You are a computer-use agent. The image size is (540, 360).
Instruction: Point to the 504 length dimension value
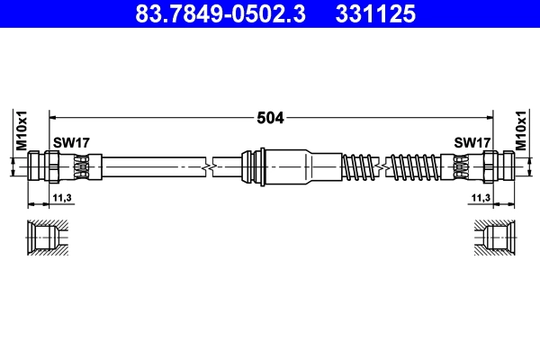271,117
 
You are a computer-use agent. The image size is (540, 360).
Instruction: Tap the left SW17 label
71,142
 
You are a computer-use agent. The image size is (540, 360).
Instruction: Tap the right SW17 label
472,142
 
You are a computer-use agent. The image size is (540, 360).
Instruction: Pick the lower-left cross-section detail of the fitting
44,239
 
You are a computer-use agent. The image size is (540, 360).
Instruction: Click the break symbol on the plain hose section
211,166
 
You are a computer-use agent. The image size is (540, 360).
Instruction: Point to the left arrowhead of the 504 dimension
52,117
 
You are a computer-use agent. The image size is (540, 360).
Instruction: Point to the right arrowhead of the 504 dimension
490,117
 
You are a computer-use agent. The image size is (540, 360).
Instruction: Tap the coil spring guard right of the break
418,166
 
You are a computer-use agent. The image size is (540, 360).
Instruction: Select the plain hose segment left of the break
153,166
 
